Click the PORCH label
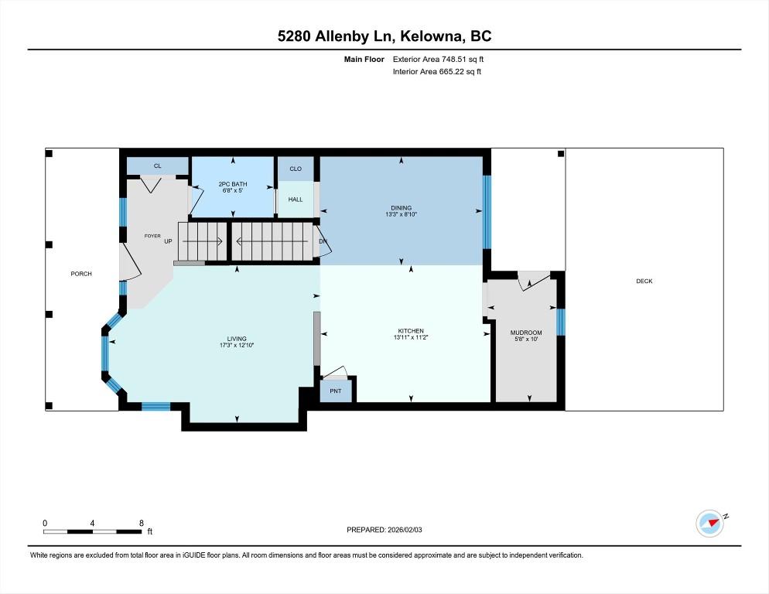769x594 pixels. (x=81, y=274)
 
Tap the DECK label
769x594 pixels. (x=644, y=281)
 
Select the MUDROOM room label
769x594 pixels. (x=526, y=333)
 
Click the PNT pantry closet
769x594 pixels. (x=336, y=391)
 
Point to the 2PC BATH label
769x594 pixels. (x=232, y=184)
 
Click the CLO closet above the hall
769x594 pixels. (x=296, y=169)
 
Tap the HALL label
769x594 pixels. (x=296, y=199)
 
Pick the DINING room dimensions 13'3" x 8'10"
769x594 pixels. (x=402, y=214)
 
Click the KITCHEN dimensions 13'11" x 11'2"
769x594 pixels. (x=411, y=337)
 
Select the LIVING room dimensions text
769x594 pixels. (x=237, y=345)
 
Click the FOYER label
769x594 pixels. (x=152, y=236)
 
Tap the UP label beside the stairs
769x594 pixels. (x=168, y=241)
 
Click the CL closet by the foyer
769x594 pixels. (x=157, y=166)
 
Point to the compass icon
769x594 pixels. (x=709, y=524)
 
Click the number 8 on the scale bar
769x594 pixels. (x=142, y=523)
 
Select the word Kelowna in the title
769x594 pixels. (x=431, y=36)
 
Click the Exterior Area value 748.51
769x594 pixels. (x=453, y=60)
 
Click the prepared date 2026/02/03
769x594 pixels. (x=405, y=530)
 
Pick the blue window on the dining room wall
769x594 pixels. (x=487, y=212)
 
